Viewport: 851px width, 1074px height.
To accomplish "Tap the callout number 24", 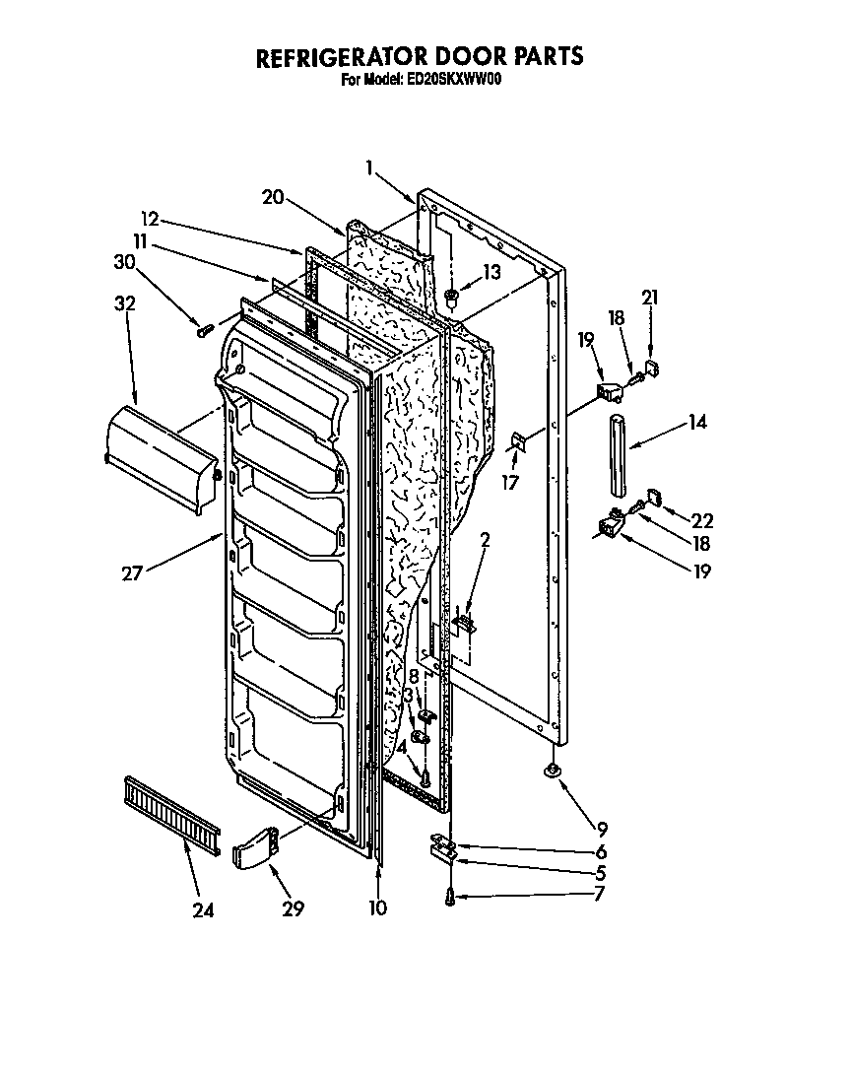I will pos(203,909).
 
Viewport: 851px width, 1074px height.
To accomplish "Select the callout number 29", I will pos(293,909).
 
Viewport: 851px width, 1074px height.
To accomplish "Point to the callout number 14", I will pos(697,424).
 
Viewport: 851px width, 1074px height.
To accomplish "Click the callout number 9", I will pos(602,829).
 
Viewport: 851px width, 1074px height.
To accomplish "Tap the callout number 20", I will pos(273,197).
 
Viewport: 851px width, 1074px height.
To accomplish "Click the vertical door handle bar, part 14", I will pos(618,456).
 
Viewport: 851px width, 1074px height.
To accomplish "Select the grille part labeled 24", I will pos(172,813).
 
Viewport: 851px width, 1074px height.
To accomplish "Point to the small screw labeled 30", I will pos(205,331).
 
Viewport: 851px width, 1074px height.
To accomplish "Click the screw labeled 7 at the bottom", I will pos(450,896).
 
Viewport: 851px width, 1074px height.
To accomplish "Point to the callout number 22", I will pos(702,521).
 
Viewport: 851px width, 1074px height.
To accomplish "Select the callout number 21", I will pos(649,298).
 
